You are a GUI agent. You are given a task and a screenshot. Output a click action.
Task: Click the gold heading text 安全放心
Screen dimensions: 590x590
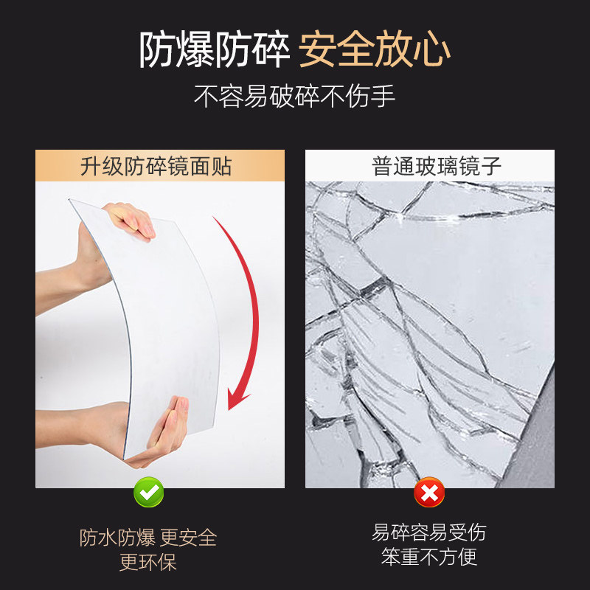click(375, 50)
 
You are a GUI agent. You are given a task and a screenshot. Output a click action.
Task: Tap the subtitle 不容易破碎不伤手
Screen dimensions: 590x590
click(295, 97)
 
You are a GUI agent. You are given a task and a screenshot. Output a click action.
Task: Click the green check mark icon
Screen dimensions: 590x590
click(148, 492)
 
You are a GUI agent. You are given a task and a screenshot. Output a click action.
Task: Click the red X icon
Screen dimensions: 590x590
click(429, 492)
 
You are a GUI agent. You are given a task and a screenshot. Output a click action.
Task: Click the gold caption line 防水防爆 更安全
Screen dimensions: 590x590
click(148, 538)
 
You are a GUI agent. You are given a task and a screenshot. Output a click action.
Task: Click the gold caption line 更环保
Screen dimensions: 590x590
click(148, 563)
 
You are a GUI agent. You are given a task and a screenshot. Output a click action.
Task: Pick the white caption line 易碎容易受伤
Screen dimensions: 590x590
click(429, 532)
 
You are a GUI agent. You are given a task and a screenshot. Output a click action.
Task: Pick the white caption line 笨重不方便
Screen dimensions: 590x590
click(429, 557)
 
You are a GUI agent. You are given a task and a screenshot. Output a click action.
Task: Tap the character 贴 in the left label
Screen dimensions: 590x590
click(221, 166)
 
